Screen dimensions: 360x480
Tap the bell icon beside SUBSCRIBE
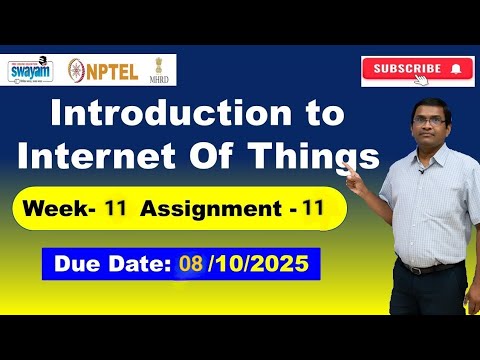456,69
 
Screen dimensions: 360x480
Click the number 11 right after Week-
116,210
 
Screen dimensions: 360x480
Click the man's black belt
433,267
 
